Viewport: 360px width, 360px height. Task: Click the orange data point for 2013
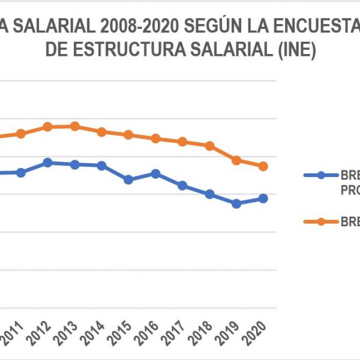(x=74, y=126)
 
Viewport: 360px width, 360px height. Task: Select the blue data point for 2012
(x=47, y=163)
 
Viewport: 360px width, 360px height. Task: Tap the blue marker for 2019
(x=236, y=203)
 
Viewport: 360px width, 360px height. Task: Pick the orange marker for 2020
(x=263, y=166)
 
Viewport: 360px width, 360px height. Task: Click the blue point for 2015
(x=128, y=179)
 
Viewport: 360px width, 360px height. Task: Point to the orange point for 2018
(x=209, y=146)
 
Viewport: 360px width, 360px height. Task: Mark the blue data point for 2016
(x=155, y=173)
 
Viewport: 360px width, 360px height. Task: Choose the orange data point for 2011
(x=21, y=133)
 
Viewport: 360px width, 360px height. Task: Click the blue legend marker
(x=320, y=175)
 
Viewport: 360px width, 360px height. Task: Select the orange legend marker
(x=320, y=221)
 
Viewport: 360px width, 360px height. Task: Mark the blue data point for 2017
(x=182, y=185)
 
